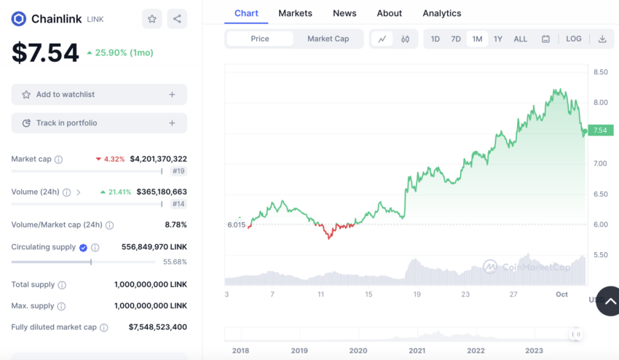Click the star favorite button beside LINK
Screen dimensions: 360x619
152,19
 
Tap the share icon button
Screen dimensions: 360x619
177,19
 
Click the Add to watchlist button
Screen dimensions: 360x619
99,95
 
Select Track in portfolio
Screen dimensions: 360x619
99,123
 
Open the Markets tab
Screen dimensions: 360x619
295,13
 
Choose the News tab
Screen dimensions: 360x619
344,13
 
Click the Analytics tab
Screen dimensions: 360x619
441,13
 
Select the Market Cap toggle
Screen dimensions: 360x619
328,39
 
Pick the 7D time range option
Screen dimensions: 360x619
456,39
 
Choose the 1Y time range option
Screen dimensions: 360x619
498,39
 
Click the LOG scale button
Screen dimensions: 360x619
574,39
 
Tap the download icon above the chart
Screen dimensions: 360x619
602,39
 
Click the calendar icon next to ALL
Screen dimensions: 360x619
545,39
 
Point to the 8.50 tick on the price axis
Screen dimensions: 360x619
601,72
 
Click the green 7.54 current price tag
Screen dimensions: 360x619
599,130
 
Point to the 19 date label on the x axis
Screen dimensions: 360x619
417,294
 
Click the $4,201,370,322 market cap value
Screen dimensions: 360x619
158,159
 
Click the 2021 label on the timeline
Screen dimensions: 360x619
417,351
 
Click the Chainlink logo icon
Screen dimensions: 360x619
18,19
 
